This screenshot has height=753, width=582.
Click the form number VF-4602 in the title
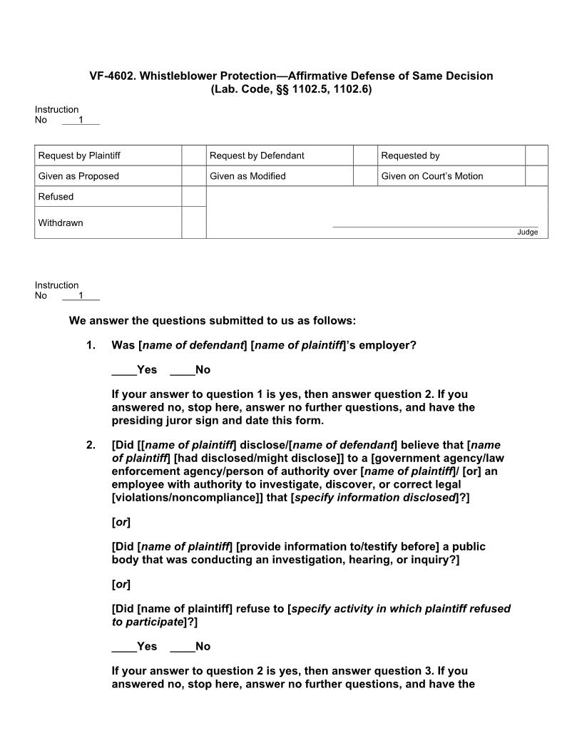112,76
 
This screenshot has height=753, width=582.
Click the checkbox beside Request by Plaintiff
193,155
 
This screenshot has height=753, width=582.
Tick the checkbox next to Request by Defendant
365,155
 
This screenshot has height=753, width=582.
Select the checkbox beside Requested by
536,155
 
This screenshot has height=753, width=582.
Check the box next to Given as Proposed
193,176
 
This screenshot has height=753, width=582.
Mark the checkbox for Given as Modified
365,176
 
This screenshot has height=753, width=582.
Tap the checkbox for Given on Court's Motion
536,176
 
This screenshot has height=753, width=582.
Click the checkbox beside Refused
193,197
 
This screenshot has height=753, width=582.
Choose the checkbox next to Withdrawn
193,222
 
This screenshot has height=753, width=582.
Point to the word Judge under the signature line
528,232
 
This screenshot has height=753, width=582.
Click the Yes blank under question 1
124,369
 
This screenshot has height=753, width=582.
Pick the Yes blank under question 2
124,646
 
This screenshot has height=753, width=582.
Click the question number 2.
91,446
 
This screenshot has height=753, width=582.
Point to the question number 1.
91,345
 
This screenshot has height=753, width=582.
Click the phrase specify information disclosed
375,497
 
